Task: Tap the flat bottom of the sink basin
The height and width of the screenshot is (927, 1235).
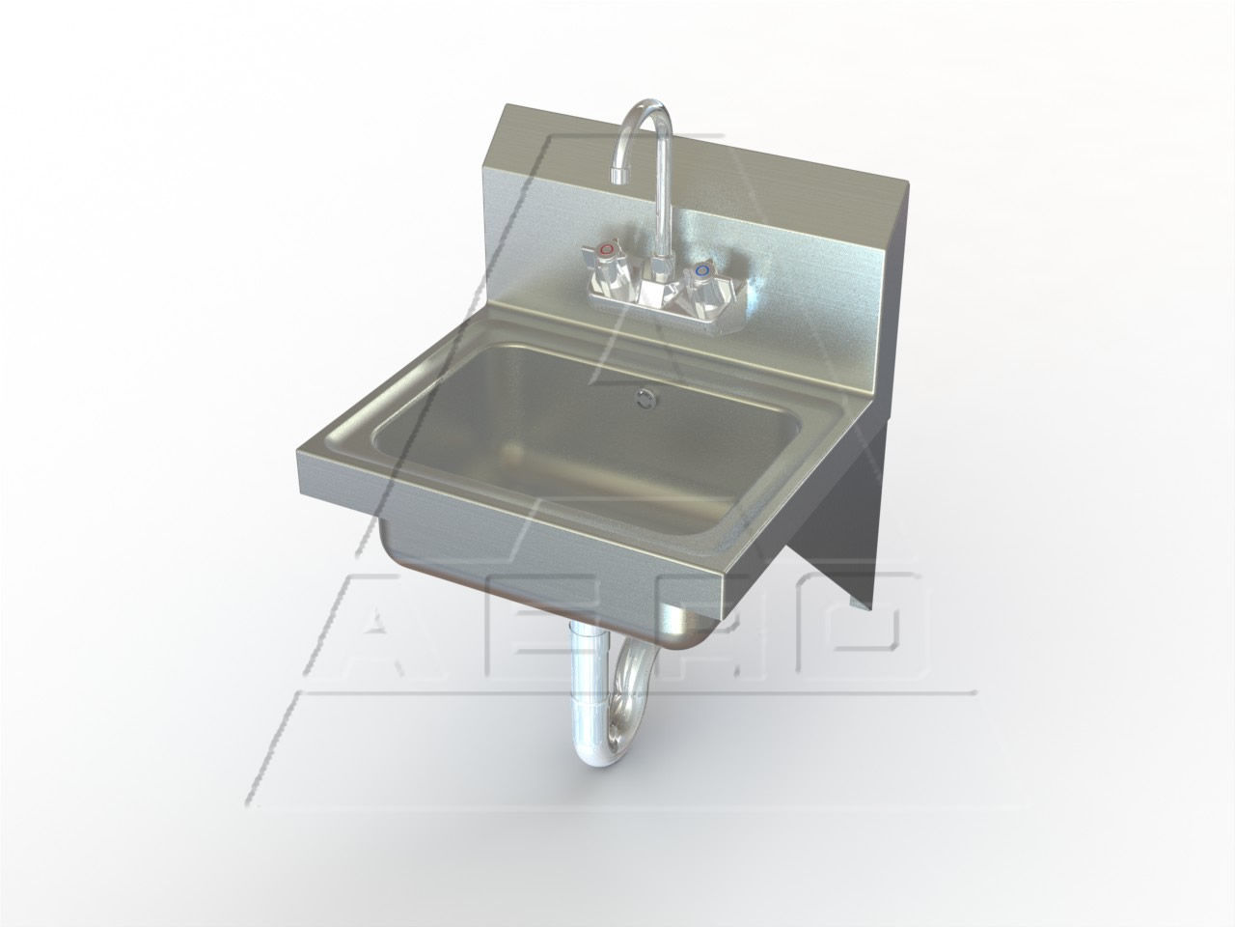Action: pyautogui.click(x=579, y=454)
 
